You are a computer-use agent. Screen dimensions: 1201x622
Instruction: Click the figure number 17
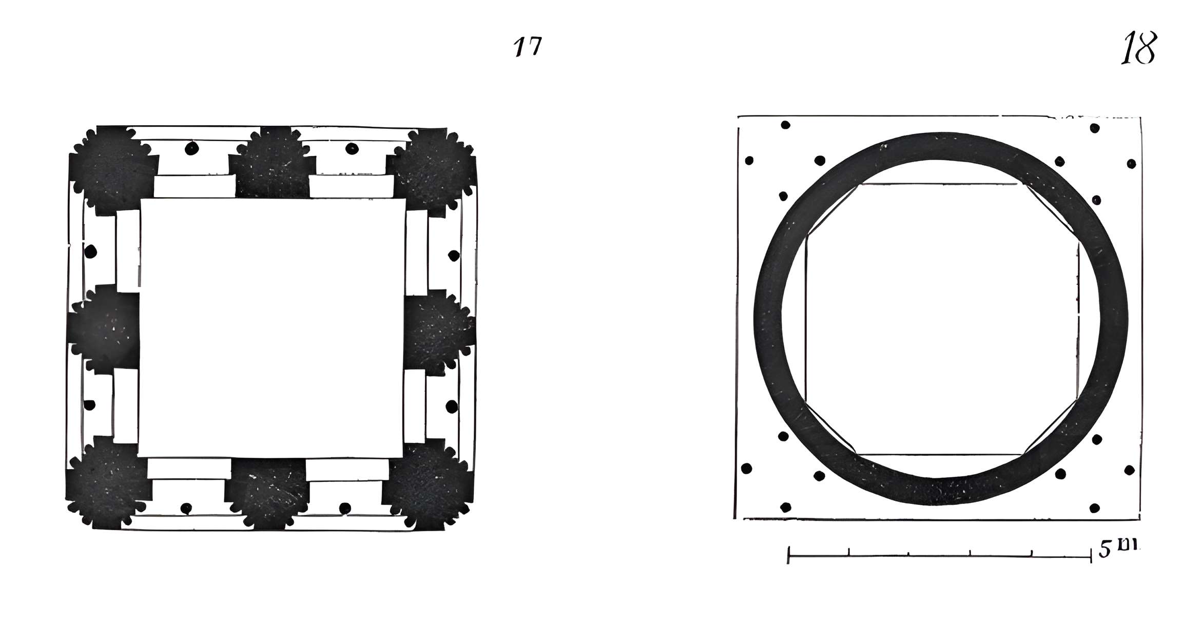(528, 47)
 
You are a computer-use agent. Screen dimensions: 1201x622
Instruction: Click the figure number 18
(1139, 48)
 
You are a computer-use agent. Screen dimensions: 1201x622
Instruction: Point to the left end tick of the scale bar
(789, 555)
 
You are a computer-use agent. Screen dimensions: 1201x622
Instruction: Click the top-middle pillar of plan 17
(270, 163)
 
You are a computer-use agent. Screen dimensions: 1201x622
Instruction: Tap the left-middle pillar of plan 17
(105, 327)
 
